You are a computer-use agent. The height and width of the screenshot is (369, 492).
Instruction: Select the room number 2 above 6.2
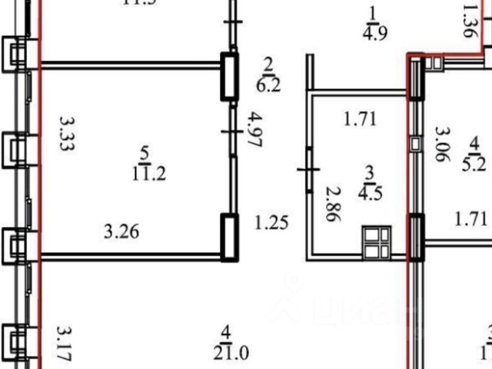point(269,64)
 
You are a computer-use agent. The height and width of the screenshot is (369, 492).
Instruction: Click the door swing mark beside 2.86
point(309,169)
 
